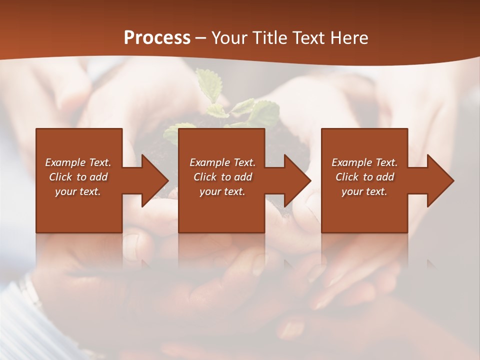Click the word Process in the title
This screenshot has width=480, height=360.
(x=157, y=38)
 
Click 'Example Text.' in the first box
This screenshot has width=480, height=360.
(x=78, y=162)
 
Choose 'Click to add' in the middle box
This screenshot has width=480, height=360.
(x=222, y=177)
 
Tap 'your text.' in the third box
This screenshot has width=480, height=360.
(x=364, y=191)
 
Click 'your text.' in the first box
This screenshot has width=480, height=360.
(x=78, y=191)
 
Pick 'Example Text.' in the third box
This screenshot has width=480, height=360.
(x=364, y=162)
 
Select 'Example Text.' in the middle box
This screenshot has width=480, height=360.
(x=222, y=162)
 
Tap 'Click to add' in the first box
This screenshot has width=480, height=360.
(x=78, y=177)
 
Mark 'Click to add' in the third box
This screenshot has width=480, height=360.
(x=364, y=177)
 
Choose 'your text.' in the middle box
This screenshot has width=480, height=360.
(x=222, y=191)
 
